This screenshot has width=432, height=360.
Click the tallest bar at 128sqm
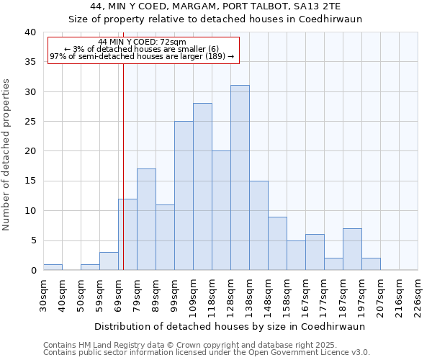[x=240, y=178]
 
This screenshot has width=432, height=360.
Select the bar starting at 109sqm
[x=202, y=186]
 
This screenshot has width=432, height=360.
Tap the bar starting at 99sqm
[x=184, y=196]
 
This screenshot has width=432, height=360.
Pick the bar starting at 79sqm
[x=146, y=220]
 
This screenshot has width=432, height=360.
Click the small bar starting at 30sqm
[x=53, y=267]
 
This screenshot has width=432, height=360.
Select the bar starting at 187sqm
[x=352, y=249]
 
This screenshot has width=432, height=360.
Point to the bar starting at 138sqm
[x=258, y=225]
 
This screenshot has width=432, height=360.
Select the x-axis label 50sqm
[x=81, y=292]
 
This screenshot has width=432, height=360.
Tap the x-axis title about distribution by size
[x=229, y=326]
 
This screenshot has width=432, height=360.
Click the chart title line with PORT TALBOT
[x=215, y=6]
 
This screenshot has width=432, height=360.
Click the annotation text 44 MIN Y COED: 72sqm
[x=142, y=42]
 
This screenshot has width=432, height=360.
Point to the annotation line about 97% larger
[x=142, y=56]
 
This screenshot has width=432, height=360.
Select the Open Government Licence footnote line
[x=207, y=353]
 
